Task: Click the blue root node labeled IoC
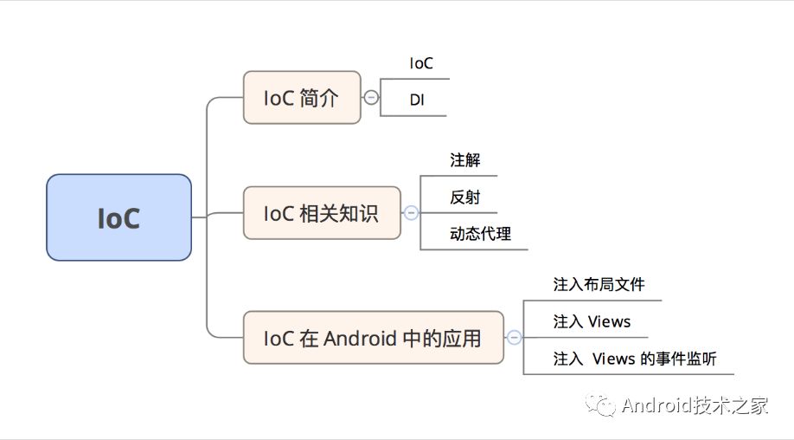pyautogui.click(x=118, y=217)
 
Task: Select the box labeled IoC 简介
pyautogui.click(x=301, y=97)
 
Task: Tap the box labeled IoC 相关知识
pyautogui.click(x=322, y=212)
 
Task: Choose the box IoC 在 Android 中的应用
pyautogui.click(x=373, y=338)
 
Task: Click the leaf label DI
pyautogui.click(x=417, y=101)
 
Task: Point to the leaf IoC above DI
pyautogui.click(x=421, y=63)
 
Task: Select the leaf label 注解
pyautogui.click(x=464, y=160)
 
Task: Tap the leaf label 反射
pyautogui.click(x=464, y=197)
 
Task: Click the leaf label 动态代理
pyautogui.click(x=480, y=234)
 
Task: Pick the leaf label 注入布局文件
pyautogui.click(x=599, y=284)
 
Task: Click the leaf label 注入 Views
pyautogui.click(x=592, y=321)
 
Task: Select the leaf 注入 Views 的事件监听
pyautogui.click(x=634, y=359)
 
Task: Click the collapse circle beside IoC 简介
pyautogui.click(x=371, y=97)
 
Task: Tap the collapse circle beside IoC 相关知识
pyautogui.click(x=412, y=212)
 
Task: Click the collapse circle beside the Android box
pyautogui.click(x=514, y=338)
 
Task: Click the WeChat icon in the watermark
pyautogui.click(x=602, y=405)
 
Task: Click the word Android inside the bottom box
pyautogui.click(x=360, y=338)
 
